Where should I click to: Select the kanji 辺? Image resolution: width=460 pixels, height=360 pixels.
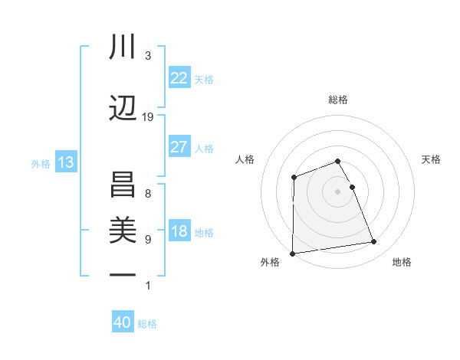tap(122, 108)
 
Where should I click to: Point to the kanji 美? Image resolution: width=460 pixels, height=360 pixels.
tap(122, 229)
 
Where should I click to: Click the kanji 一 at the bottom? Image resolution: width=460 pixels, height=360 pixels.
tap(122, 273)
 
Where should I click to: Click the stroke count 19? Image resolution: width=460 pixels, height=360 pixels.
tap(148, 117)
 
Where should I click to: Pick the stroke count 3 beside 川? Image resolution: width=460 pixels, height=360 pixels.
tap(148, 56)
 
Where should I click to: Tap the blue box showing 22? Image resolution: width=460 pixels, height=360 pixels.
tap(179, 78)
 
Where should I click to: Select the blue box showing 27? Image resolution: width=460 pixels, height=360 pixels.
tap(179, 147)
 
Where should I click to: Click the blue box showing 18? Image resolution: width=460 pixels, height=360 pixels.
tap(179, 232)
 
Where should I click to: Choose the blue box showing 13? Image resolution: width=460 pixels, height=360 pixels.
tap(65, 162)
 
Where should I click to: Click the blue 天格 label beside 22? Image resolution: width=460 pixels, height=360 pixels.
tap(204, 79)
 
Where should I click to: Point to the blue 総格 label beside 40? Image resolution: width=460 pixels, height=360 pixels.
tap(147, 324)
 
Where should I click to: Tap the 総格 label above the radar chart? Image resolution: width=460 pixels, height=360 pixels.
tap(338, 100)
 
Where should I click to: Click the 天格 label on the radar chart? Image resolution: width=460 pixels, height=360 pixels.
tap(431, 159)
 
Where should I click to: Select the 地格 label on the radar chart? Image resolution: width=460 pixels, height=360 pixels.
tap(402, 262)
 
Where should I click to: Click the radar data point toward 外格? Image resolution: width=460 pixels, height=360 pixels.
tap(292, 254)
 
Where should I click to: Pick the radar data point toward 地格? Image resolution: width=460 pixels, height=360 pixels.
tap(374, 242)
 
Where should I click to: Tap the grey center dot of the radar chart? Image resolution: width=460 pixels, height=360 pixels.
tap(338, 191)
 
